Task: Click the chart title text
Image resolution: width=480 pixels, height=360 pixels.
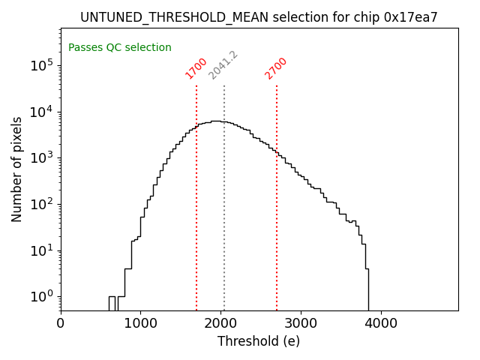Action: tap(259, 17)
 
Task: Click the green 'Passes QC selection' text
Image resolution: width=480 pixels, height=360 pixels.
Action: tap(120, 47)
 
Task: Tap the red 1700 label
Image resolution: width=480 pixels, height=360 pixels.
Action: tap(196, 67)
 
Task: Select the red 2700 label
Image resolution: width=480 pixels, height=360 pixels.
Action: tap(276, 67)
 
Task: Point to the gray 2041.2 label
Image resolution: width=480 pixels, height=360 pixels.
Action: tap(223, 65)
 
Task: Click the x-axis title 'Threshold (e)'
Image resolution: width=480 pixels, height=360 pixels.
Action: tap(259, 341)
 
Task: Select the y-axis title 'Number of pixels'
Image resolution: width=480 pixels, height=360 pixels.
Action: tap(16, 168)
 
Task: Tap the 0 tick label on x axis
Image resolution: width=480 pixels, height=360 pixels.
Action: tap(61, 324)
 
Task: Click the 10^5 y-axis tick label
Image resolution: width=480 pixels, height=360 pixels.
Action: tap(43, 65)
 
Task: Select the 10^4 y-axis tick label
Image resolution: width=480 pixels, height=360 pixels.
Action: tap(43, 112)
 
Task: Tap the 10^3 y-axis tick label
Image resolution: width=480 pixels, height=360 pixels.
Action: tap(43, 157)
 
